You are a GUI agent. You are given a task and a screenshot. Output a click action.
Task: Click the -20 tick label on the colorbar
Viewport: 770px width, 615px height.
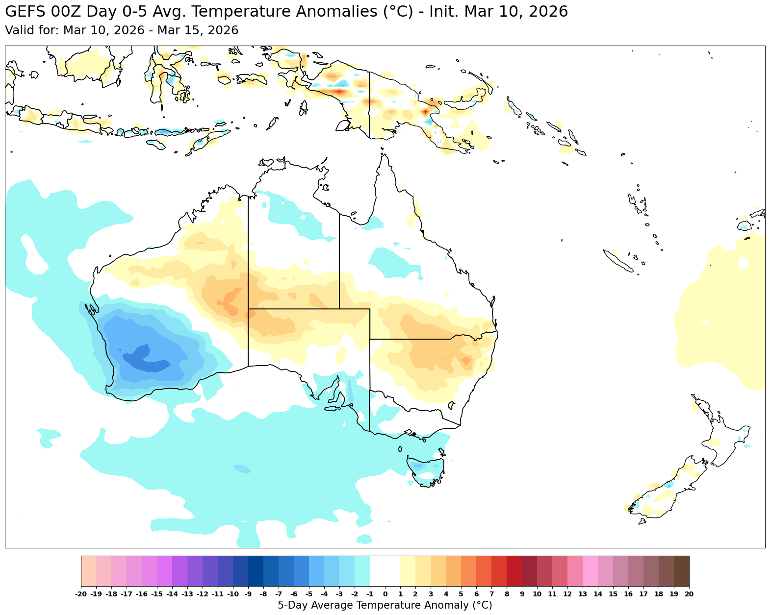(x=81, y=594)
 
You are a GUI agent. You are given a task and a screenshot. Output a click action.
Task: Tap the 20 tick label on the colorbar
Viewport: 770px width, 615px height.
(x=689, y=594)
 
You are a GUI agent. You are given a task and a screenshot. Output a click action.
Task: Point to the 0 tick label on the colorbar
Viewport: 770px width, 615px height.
(x=385, y=594)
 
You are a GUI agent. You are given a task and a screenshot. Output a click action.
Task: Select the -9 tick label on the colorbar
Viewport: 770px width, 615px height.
(x=248, y=594)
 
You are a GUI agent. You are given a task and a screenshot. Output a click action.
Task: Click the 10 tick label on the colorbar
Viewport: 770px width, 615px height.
(x=537, y=594)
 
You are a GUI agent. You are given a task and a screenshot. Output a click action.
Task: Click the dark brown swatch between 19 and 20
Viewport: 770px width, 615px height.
(x=681, y=571)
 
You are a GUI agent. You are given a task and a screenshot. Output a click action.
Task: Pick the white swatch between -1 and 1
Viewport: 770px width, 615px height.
(x=385, y=571)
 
